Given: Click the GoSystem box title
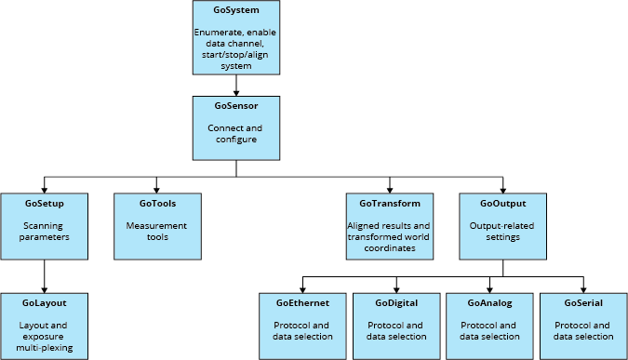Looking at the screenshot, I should pyautogui.click(x=235, y=10).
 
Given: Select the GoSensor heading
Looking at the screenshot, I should pyautogui.click(x=235, y=106).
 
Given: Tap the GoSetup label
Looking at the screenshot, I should pyautogui.click(x=44, y=203).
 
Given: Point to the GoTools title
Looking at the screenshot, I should pyautogui.click(x=157, y=203).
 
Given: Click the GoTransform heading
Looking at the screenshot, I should pyautogui.click(x=389, y=203).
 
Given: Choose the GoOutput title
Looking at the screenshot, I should pyautogui.click(x=502, y=203).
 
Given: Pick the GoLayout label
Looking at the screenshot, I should pyautogui.click(x=44, y=303).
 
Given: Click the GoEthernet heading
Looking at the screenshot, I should pyautogui.click(x=302, y=303).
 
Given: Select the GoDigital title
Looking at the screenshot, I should pyautogui.click(x=396, y=303).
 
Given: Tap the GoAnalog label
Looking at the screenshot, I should pyautogui.click(x=489, y=303).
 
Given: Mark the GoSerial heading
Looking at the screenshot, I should pyautogui.click(x=583, y=303).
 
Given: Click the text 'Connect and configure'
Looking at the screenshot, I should pyautogui.click(x=235, y=133).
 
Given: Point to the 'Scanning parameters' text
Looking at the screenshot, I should pyautogui.click(x=44, y=230).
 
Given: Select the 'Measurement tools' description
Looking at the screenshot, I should pyautogui.click(x=157, y=230).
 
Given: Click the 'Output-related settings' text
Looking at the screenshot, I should pyautogui.click(x=502, y=230).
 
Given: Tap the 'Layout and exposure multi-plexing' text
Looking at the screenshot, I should pyautogui.click(x=44, y=337).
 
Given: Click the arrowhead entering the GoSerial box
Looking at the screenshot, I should pyautogui.click(x=583, y=287).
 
